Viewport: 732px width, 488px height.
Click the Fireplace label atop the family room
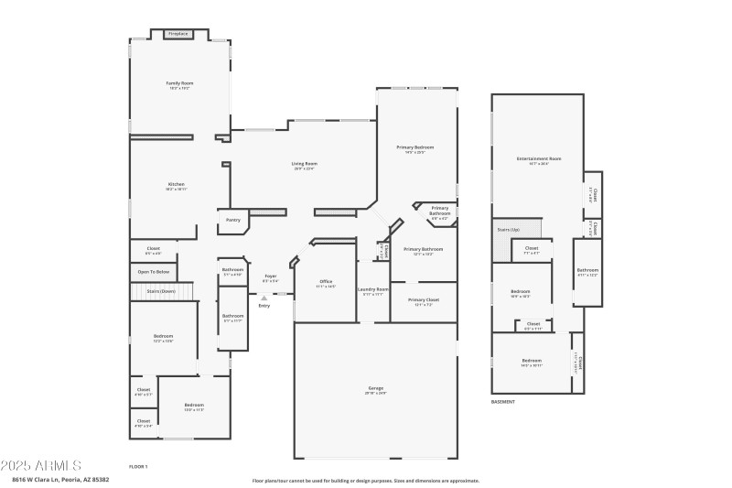(178, 34)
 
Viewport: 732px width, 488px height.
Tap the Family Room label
(179, 83)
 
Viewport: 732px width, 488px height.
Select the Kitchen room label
(176, 184)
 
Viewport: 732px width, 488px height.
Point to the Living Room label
(305, 164)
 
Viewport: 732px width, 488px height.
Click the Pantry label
(233, 220)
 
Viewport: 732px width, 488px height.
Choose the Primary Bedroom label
(414, 147)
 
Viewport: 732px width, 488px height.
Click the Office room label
(326, 281)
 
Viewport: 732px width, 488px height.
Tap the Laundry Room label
(373, 289)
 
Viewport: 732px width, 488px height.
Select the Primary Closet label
(424, 299)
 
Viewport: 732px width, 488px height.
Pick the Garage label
(375, 388)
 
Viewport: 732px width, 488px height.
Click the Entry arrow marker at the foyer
(264, 298)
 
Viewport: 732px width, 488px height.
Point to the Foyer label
(271, 276)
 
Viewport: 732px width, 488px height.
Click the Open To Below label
(153, 272)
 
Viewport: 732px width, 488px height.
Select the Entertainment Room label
(538, 159)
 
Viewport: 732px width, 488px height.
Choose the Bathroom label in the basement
(587, 270)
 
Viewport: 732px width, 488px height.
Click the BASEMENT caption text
(504, 402)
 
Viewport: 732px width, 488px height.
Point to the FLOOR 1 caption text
(138, 466)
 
